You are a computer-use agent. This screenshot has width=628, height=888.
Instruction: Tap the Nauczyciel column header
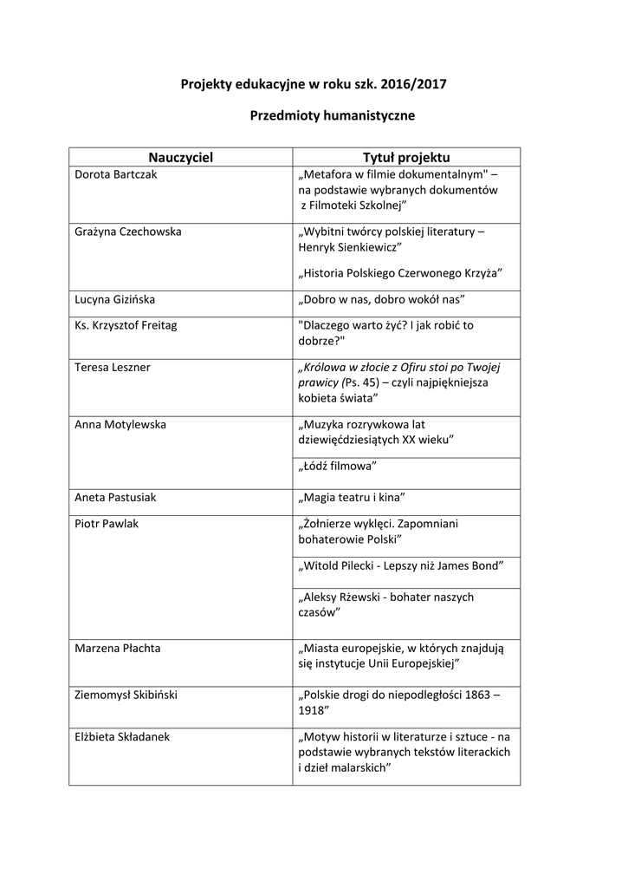click(x=180, y=157)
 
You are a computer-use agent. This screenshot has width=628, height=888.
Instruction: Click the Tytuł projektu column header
click(x=406, y=157)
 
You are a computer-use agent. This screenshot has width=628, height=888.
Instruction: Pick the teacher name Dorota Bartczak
click(x=116, y=174)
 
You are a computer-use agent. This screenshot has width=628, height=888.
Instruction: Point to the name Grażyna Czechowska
click(x=128, y=232)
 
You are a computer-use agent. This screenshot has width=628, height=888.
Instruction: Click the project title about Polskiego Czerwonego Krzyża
click(x=399, y=273)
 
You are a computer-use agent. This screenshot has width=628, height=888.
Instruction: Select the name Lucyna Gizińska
click(x=115, y=299)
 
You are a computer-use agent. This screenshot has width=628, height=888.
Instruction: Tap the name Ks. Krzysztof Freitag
click(x=126, y=325)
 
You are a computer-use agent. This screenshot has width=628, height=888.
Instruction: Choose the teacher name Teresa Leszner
click(x=113, y=367)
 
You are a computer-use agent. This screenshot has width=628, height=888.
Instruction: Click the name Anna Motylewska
click(x=120, y=425)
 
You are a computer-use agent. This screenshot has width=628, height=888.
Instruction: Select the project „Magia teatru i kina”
click(x=352, y=498)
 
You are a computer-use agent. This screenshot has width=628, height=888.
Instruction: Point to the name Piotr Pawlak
click(x=107, y=524)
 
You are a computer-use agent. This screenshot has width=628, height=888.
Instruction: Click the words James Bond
click(x=472, y=565)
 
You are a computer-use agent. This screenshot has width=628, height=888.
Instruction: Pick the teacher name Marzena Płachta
click(x=117, y=648)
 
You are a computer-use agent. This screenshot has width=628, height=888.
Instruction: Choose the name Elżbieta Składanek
click(x=122, y=736)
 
